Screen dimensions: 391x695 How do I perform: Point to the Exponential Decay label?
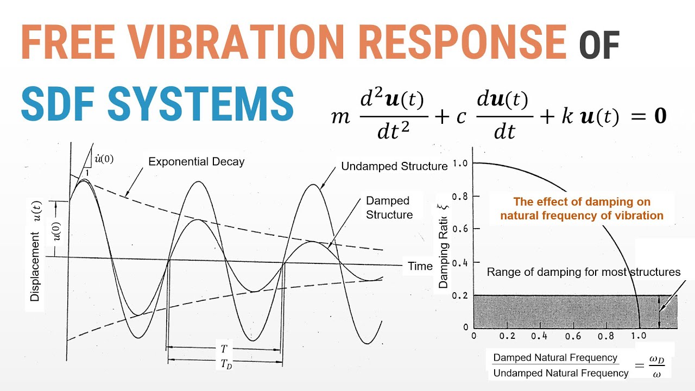[196, 162]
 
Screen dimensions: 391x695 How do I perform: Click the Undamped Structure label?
[394, 167]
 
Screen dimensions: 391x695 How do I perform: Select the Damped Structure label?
[389, 208]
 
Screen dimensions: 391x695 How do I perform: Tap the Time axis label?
[420, 266]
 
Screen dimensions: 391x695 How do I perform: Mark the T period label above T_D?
[224, 349]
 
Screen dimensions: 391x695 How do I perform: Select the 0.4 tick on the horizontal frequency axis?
[539, 336]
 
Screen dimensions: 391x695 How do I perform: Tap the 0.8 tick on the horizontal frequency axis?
[605, 336]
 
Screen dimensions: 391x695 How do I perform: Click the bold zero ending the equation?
[660, 116]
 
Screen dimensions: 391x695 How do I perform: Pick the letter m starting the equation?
[340, 117]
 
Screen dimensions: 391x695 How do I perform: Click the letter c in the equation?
[461, 117]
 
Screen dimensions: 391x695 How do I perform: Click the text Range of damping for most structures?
[583, 272]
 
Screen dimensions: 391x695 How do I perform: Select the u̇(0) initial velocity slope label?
[104, 159]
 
